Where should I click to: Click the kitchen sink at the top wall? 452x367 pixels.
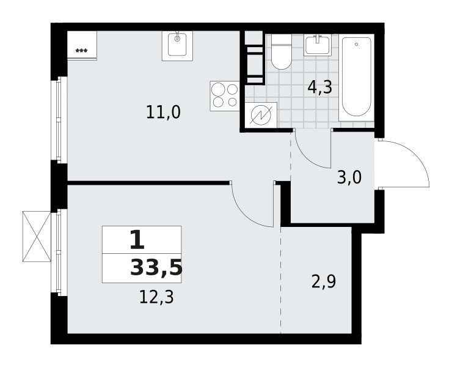tap(177, 46)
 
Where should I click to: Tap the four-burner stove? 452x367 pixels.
tap(225, 96)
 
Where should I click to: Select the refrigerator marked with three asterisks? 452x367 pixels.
tap(82, 45)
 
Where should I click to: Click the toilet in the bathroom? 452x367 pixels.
tap(282, 52)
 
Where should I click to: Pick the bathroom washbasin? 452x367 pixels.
tap(317, 45)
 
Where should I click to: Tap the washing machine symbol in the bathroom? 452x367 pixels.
tap(261, 115)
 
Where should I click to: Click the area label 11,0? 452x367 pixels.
tap(164, 112)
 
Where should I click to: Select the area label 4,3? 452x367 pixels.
tap(320, 87)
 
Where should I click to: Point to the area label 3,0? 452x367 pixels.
tap(349, 177)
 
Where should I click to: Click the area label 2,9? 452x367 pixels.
tap(324, 281)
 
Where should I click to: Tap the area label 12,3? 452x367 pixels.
tap(156, 297)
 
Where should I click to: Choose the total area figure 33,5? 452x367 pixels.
tap(156, 268)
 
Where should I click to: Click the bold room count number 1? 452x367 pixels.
tap(137, 240)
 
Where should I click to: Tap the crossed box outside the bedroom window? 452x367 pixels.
tap(37, 237)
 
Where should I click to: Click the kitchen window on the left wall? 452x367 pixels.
tap(59, 120)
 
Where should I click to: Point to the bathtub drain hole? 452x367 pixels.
tap(357, 44)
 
